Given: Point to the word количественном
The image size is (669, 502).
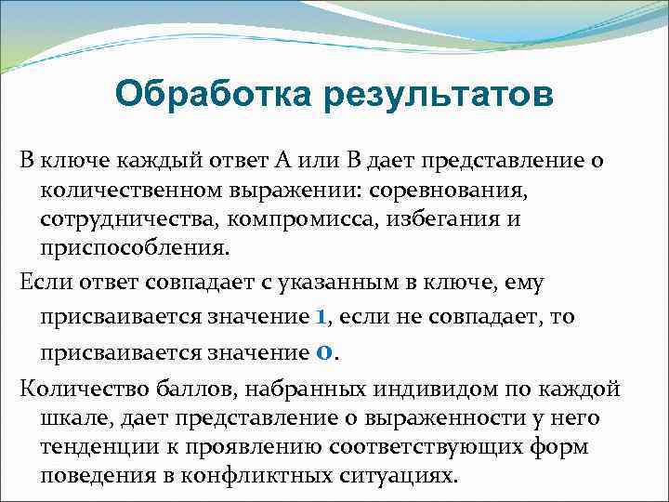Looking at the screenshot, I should pos(133,191).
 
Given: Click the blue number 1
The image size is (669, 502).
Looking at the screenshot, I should pos(321,316).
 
